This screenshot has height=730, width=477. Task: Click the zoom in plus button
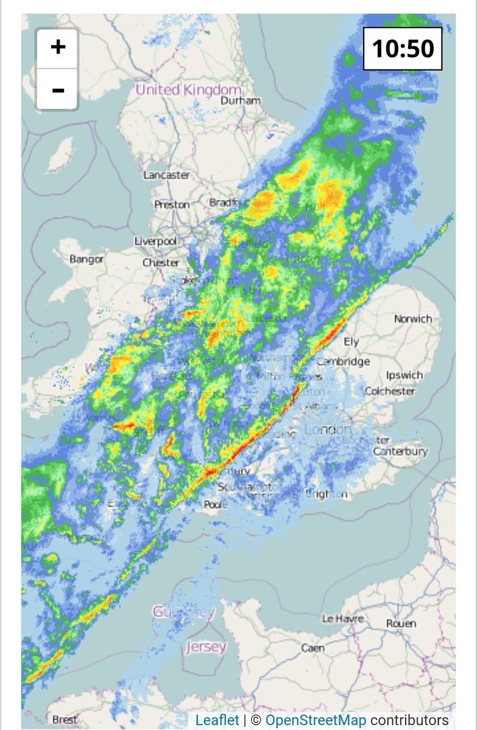coord(58,47)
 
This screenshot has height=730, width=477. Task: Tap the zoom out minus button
coord(58,90)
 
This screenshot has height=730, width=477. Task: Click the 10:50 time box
coord(403,48)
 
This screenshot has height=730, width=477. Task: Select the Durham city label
coord(241,100)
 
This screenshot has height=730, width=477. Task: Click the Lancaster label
coord(166,175)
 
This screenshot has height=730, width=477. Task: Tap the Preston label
coord(172,205)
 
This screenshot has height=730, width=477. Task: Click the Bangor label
coord(87,259)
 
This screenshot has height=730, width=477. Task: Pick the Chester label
coord(161,263)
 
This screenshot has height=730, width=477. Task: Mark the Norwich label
coord(412,319)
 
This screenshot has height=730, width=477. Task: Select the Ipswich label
coord(404,375)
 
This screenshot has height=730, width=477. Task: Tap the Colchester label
coord(390,391)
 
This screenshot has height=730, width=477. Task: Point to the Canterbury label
coord(400,451)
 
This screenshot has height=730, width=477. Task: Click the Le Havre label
coord(342,619)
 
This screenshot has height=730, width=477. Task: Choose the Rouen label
coord(401,624)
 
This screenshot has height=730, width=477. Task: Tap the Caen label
coord(313,648)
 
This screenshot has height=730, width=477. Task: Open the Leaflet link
coord(217,720)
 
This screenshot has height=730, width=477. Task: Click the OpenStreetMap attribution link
coord(316,720)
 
